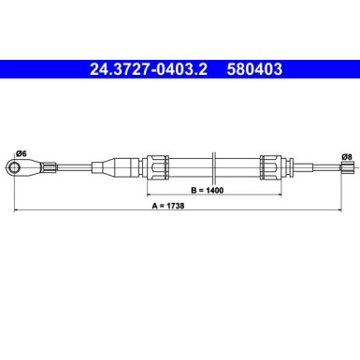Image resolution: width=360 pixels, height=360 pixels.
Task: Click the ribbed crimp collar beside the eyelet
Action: pyautogui.click(x=41, y=166)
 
